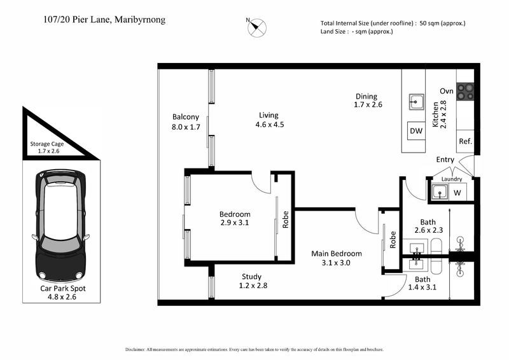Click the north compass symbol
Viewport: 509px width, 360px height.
(258, 27)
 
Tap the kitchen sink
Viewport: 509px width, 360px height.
(416, 101)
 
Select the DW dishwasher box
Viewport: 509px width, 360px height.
(416, 131)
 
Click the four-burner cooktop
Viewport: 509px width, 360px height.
(466, 91)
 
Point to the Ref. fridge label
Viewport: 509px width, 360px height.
(465, 142)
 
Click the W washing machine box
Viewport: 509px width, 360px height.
(457, 192)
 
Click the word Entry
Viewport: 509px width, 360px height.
(446, 160)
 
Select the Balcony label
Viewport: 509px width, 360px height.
(186, 117)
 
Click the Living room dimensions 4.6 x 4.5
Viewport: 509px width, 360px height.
(269, 125)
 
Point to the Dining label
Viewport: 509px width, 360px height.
(366, 96)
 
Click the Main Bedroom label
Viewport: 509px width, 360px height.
(336, 253)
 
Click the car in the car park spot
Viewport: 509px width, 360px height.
(61, 225)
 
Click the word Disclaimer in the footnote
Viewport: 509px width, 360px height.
(136, 350)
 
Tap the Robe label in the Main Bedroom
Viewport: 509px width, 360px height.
(393, 240)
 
